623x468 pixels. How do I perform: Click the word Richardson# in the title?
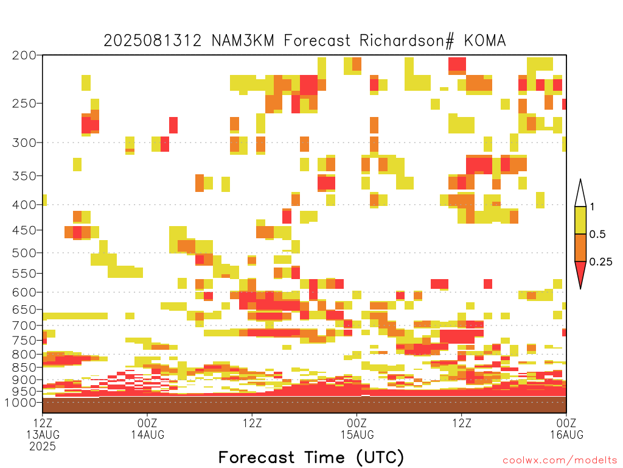pos(406,41)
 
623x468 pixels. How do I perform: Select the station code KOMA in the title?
pos(485,41)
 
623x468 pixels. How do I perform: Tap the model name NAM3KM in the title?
pos(243,41)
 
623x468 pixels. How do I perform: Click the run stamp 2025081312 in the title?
pos(153,41)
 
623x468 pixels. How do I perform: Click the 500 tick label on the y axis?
pos(24,253)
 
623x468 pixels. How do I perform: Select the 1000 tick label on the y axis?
pos(21,402)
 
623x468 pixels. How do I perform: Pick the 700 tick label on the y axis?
pos(24,325)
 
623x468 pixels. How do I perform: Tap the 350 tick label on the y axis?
pos(24,176)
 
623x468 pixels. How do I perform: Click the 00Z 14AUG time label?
pos(147,428)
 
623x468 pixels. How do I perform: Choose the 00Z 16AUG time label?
pos(566,428)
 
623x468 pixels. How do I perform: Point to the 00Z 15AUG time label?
pos(357,428)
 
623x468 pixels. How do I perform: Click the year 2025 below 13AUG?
pos(43,447)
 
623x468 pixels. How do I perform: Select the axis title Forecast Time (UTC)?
pos(311,457)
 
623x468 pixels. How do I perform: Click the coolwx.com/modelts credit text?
pos(560,461)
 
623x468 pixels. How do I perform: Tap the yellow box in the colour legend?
pos(580,220)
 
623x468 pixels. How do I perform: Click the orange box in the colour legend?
pos(580,247)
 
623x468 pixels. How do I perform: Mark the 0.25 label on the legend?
pos(600,262)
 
